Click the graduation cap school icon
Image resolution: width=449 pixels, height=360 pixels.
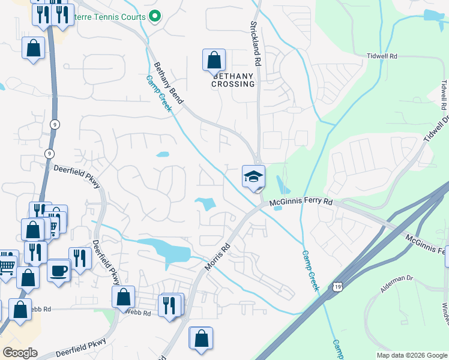[253, 176]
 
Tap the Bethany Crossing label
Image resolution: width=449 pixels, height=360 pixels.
[233, 80]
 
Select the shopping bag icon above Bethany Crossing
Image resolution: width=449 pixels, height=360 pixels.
[214, 60]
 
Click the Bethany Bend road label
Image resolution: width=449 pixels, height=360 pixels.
[168, 83]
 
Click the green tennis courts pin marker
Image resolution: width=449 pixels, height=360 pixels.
[155, 17]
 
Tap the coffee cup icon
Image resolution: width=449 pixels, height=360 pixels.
[59, 270]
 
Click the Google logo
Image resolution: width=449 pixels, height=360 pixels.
[20, 353]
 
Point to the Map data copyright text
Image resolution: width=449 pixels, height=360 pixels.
[412, 355]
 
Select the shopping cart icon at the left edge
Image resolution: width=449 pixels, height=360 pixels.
[6, 262]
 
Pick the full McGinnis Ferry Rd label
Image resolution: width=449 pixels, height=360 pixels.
[300, 203]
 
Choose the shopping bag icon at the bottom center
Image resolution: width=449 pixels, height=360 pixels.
[200, 337]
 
